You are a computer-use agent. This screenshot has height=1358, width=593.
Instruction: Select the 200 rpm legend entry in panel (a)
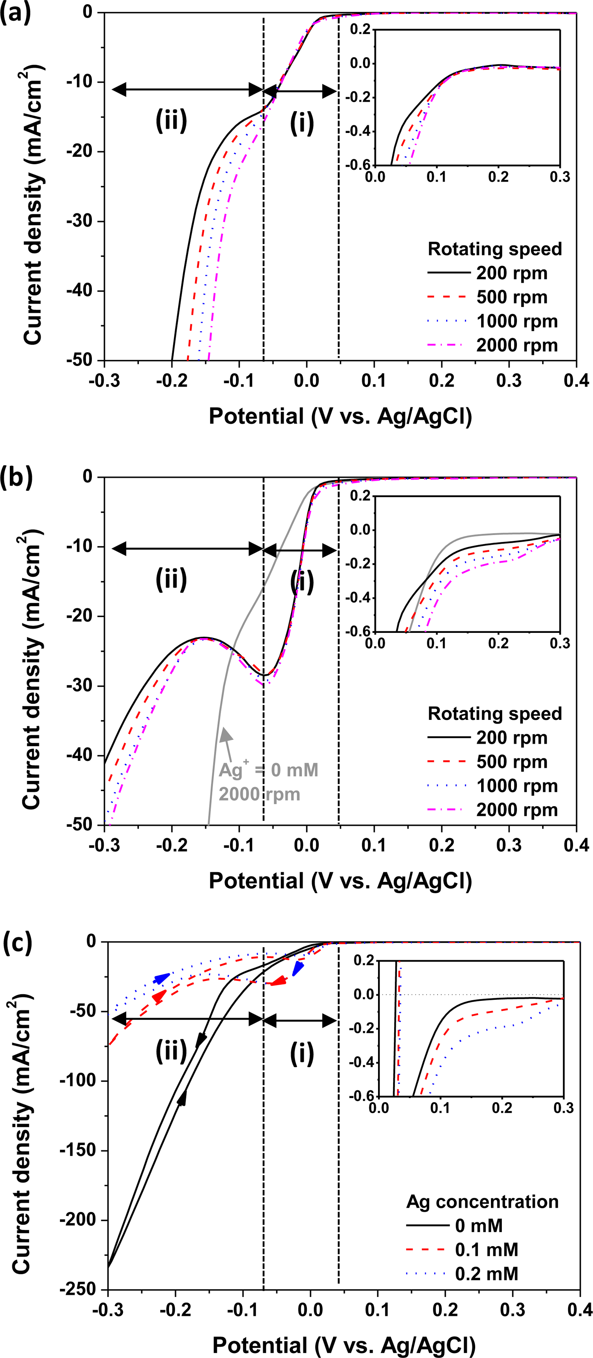tap(511, 273)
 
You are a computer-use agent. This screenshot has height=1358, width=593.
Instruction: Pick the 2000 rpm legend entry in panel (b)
tap(516, 810)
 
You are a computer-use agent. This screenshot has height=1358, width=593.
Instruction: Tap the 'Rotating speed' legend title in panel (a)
tap(494, 249)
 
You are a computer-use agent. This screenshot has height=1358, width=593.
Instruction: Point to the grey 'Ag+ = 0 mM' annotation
tap(268, 771)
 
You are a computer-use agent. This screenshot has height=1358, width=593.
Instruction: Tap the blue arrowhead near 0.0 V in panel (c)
tap(298, 968)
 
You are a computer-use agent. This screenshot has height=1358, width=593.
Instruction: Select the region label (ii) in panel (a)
tap(171, 121)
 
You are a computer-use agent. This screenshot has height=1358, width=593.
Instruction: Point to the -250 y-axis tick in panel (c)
tap(79, 1290)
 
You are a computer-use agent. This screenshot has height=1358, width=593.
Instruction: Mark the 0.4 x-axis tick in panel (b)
tap(576, 845)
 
